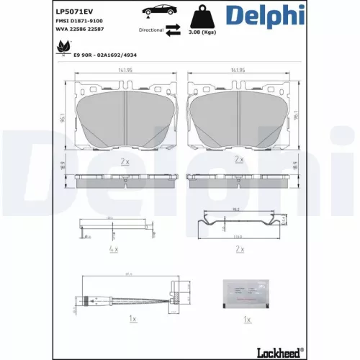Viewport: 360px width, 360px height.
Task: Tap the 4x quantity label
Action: point(114,248)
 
